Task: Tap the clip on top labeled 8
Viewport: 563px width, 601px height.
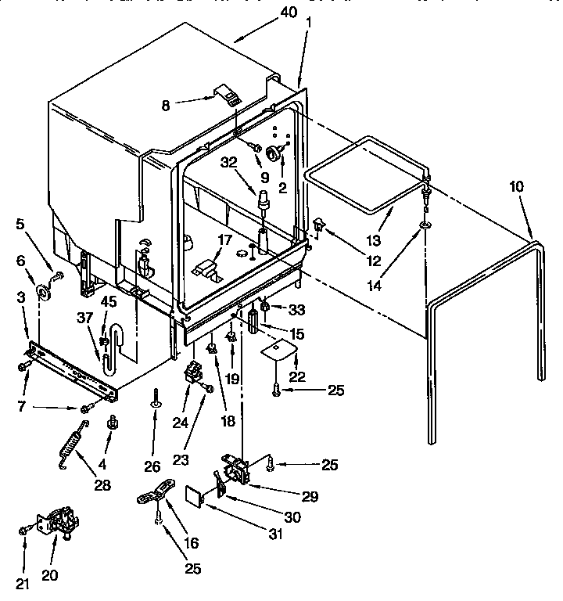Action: pyautogui.click(x=225, y=96)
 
